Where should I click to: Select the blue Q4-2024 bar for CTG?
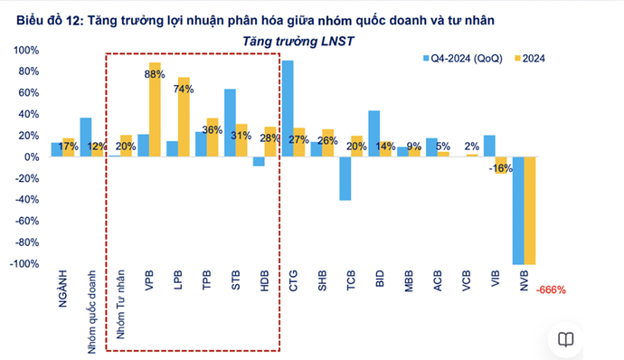(x=288, y=109)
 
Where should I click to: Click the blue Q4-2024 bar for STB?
(x=230, y=123)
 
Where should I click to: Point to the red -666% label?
(x=551, y=290)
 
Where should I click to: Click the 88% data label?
(x=154, y=75)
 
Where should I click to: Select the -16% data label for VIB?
(x=499, y=167)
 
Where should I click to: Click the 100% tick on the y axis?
(x=28, y=50)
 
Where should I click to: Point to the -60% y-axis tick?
(x=28, y=221)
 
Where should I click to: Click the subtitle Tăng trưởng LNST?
(x=299, y=41)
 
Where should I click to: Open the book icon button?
(x=565, y=340)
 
